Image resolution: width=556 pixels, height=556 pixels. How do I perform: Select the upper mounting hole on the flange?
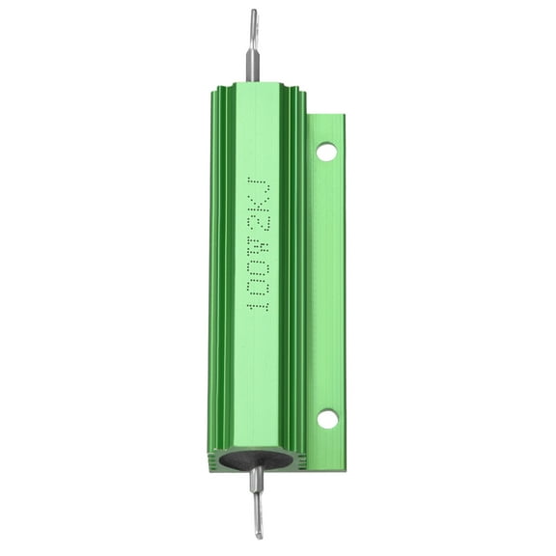(327, 151)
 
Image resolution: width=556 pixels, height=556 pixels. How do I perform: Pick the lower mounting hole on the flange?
(327, 419)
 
